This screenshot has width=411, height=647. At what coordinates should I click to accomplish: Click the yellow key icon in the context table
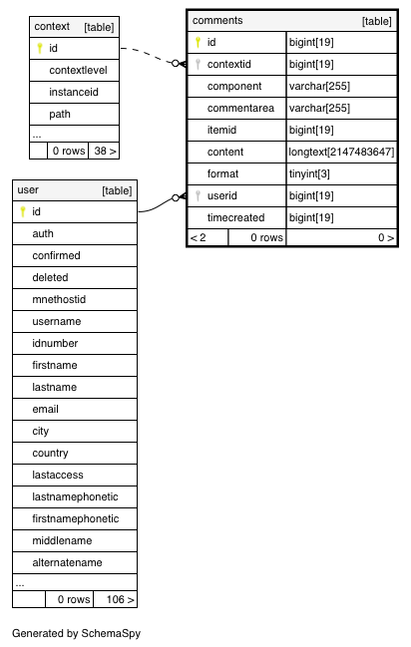(x=40, y=48)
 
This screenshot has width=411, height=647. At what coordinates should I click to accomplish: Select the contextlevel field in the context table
(x=78, y=70)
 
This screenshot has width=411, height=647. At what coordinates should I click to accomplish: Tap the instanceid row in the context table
(x=74, y=92)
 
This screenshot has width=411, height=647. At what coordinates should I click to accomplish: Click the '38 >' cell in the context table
(x=105, y=151)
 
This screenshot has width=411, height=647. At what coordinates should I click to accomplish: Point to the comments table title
(x=217, y=20)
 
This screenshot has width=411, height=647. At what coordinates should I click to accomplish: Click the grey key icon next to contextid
(x=198, y=65)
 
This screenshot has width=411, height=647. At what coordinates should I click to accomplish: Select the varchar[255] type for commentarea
(x=319, y=108)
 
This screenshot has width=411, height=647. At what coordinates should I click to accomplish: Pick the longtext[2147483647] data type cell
(x=341, y=152)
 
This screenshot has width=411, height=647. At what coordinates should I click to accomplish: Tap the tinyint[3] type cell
(x=309, y=173)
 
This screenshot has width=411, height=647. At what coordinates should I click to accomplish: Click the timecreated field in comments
(x=235, y=217)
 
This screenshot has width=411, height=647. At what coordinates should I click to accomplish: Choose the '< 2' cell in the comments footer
(x=207, y=237)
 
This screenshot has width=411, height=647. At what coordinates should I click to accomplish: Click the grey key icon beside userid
(x=198, y=195)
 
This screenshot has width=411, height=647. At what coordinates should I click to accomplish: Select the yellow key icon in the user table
(x=23, y=211)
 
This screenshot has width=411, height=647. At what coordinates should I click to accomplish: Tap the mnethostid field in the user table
(x=59, y=299)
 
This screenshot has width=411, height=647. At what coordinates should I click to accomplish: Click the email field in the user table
(x=46, y=409)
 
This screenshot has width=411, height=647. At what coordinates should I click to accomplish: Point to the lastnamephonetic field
(x=75, y=496)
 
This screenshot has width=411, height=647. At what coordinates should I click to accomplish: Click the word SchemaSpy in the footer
(x=111, y=633)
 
